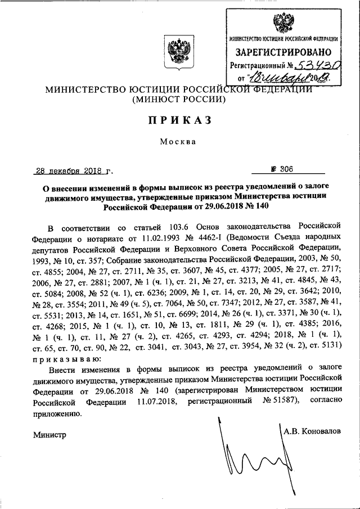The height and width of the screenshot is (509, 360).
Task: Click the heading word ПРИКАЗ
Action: point(179,120)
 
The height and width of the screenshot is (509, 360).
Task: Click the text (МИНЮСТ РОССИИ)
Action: point(179,100)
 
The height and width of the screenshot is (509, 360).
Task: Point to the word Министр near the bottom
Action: point(49,434)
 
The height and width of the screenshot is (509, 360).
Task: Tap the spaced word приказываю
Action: point(66,358)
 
